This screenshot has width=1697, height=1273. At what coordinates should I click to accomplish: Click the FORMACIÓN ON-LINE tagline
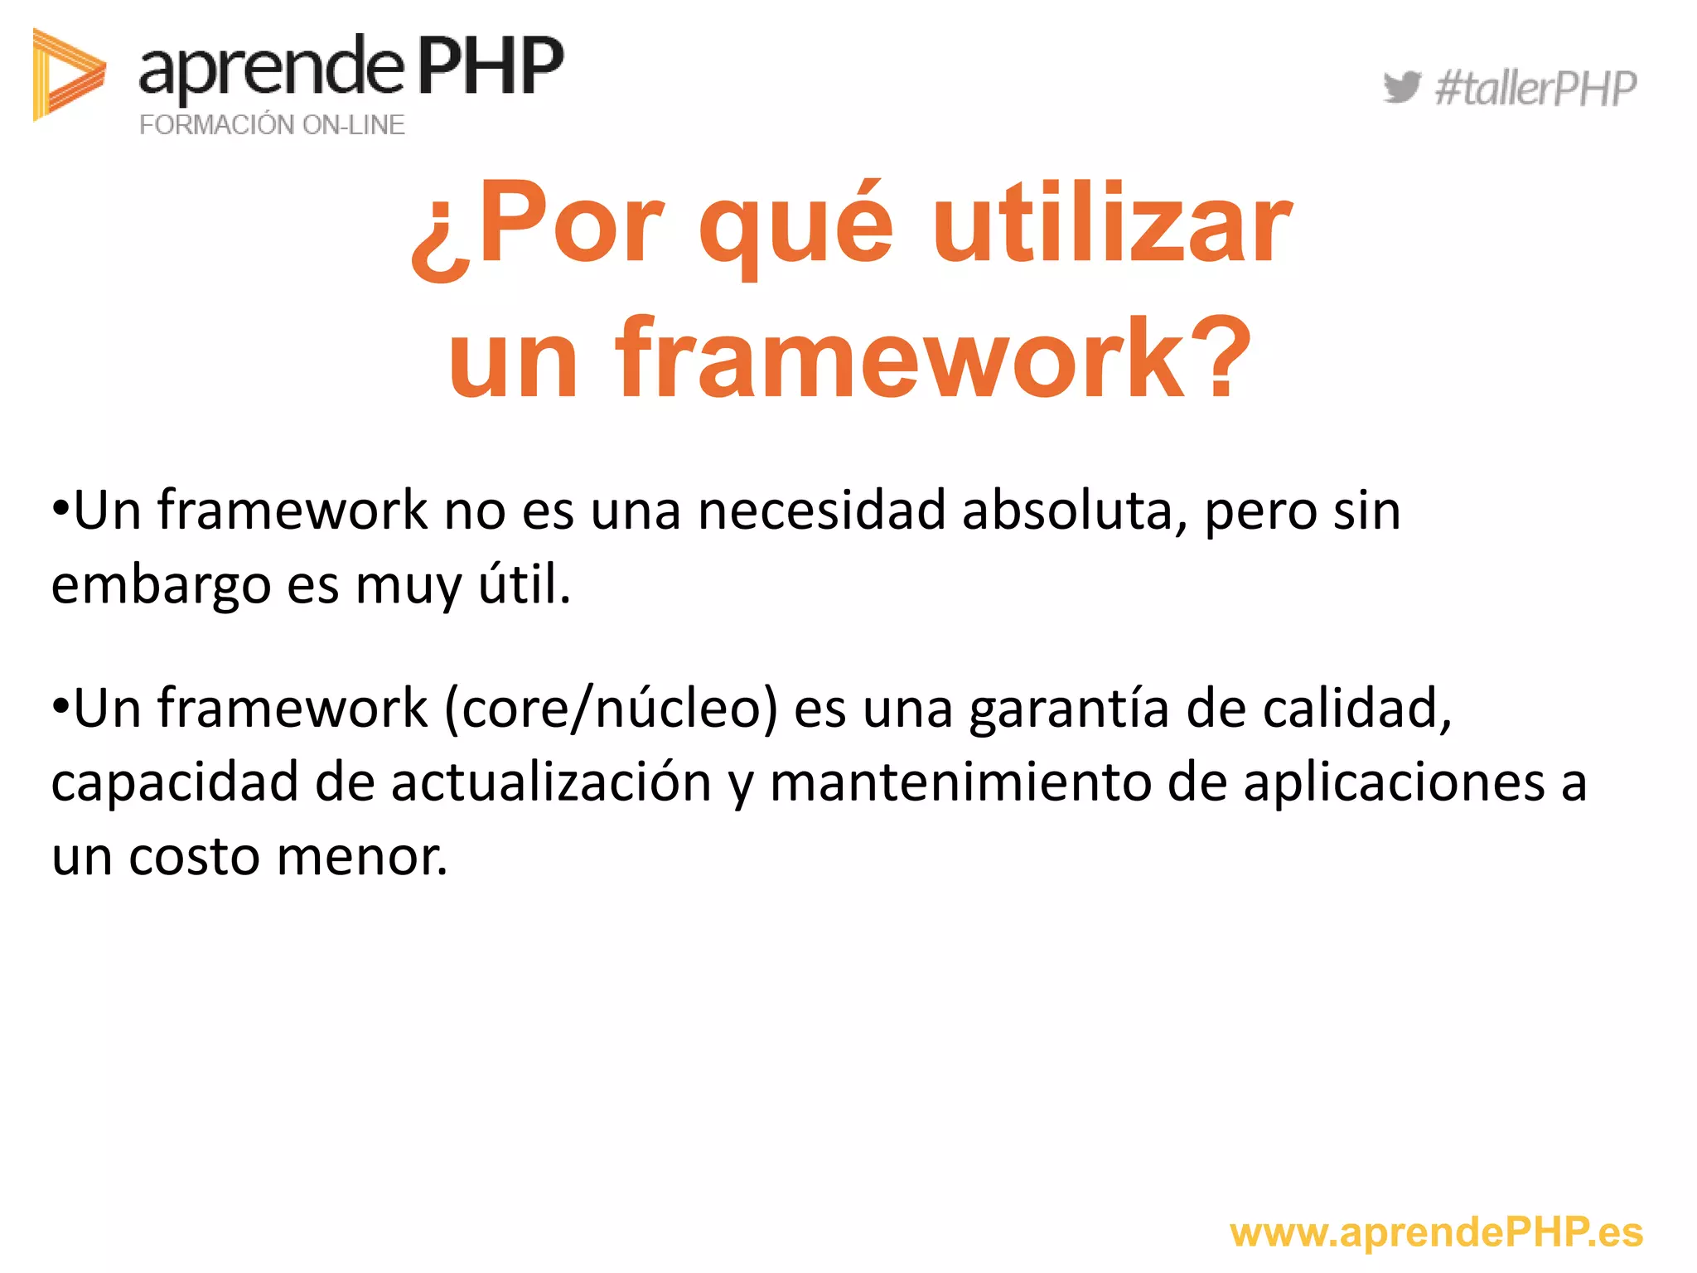[x=272, y=124]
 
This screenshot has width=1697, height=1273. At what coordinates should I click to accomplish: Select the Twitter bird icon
[x=1401, y=87]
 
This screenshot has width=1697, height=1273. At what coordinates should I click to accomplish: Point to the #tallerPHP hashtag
[x=1535, y=89]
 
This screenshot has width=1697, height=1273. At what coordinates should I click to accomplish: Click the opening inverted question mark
[x=441, y=240]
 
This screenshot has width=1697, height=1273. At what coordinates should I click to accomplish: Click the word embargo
[x=161, y=585]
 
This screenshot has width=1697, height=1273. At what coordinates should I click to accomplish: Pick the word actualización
[x=551, y=782]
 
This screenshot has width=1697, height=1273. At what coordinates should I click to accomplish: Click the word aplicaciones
[x=1394, y=782]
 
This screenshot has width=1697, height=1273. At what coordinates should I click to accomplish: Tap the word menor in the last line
[x=362, y=856]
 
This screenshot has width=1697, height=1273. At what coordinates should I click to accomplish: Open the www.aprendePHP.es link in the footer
[x=1436, y=1232]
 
